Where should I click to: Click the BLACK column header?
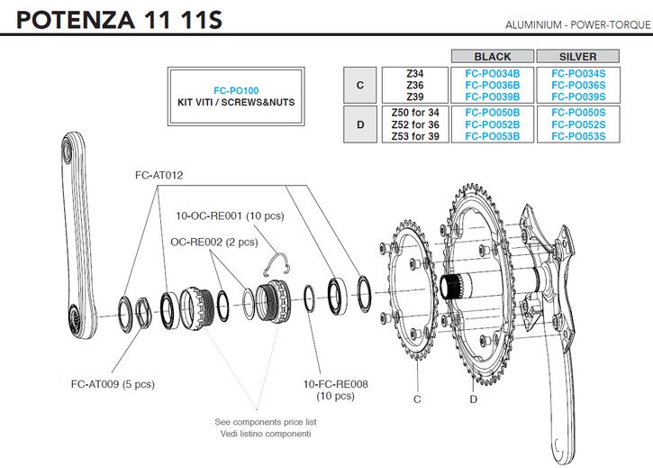[492, 56]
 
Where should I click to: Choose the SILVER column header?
[577, 56]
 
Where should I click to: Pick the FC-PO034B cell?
[492, 73]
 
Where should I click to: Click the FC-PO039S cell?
[577, 96]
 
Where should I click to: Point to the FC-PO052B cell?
[492, 124]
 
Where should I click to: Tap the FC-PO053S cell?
[577, 136]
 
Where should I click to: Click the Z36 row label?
[415, 85]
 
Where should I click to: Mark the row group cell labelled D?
[360, 124]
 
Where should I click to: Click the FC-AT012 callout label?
[159, 175]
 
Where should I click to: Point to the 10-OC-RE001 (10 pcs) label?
[230, 216]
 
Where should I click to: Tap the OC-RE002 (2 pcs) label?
[213, 242]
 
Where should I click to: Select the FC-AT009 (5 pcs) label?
[113, 383]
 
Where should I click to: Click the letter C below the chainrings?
[417, 398]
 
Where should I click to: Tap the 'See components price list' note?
[263, 421]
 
